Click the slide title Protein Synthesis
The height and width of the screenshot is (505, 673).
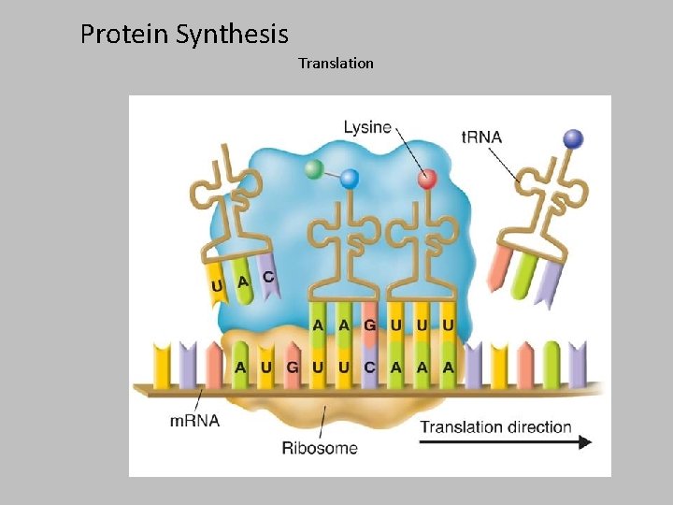(184, 35)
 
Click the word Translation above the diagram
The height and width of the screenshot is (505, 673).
(336, 64)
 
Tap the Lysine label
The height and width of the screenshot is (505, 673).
(367, 127)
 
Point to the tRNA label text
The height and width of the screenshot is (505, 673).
(481, 137)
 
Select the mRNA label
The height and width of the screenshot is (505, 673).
(194, 420)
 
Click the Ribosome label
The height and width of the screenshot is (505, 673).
(320, 447)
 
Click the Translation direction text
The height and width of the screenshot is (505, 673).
(495, 427)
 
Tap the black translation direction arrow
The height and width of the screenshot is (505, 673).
(506, 442)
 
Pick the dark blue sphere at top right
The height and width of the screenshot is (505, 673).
(573, 139)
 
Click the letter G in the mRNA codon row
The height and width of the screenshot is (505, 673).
(293, 368)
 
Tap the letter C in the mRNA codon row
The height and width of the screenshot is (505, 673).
(370, 368)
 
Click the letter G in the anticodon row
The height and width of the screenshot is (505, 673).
(370, 325)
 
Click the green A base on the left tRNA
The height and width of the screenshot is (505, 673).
(243, 281)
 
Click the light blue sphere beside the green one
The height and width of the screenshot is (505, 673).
(350, 178)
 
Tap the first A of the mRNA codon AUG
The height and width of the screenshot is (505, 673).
(241, 368)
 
